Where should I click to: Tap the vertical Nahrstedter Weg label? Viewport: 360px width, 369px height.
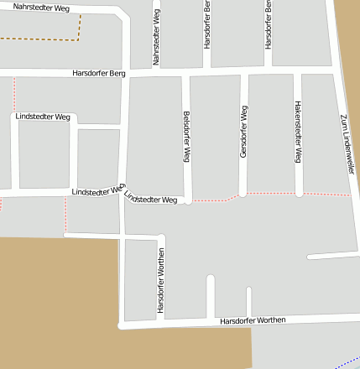tap(156, 38)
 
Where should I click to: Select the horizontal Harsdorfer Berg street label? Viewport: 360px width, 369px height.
tap(99, 74)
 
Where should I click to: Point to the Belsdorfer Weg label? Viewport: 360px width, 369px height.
tap(187, 137)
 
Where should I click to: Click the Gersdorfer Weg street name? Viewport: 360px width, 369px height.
tap(243, 132)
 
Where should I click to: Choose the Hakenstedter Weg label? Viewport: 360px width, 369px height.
tap(298, 132)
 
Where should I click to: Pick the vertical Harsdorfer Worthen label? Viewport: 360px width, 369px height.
tap(159, 286)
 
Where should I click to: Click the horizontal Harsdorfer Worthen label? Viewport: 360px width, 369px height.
tap(253, 320)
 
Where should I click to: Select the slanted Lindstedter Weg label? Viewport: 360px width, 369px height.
tap(151, 199)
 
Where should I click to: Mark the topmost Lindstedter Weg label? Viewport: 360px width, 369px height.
tap(42, 117)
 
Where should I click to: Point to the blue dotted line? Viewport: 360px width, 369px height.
tap(347, 364)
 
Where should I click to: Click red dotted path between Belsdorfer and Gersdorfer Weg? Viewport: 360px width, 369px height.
tap(215, 200)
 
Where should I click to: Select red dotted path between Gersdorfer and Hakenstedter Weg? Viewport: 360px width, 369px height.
tap(271, 194)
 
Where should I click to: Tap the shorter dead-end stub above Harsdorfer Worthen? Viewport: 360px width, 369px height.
tap(248, 301)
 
